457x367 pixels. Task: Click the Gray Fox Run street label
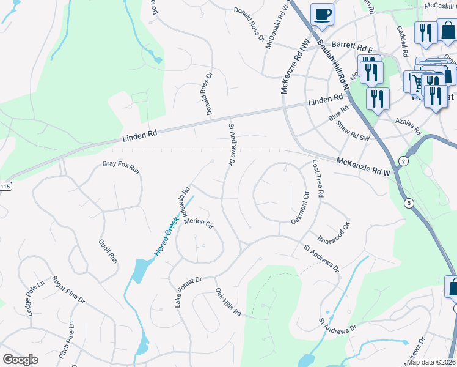pyautogui.click(x=121, y=166)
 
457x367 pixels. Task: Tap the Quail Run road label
pyautogui.click(x=108, y=250)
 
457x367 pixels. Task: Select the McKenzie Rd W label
pyautogui.click(x=363, y=167)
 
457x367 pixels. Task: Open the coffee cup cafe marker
pyautogui.click(x=321, y=15)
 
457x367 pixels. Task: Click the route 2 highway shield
pyautogui.click(x=403, y=161)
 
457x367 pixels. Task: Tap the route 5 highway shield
pyautogui.click(x=408, y=202)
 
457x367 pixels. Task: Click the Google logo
pyautogui.click(x=20, y=360)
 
